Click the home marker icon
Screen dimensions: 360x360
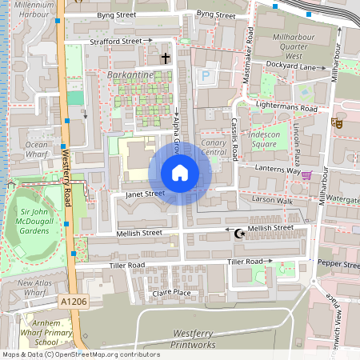click(x=180, y=173)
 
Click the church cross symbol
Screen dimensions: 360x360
click(x=166, y=58)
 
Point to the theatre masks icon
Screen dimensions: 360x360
click(x=337, y=122)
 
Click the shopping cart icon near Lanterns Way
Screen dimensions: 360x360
click(x=306, y=175)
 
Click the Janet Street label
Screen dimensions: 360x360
click(x=145, y=194)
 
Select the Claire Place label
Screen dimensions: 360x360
click(x=170, y=293)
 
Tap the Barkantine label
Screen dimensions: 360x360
click(x=129, y=74)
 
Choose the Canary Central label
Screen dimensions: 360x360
click(x=213, y=146)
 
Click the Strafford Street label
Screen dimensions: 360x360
click(x=116, y=40)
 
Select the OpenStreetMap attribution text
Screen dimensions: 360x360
click(x=81, y=354)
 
